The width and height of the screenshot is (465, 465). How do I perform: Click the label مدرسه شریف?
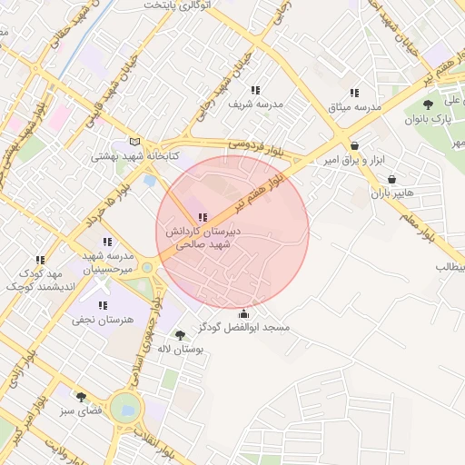coord(256,104)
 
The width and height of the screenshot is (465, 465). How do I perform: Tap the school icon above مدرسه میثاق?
coord(354,93)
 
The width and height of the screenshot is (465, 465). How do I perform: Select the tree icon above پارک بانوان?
coord(429,104)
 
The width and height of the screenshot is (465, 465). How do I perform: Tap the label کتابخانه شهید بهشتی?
coord(135,156)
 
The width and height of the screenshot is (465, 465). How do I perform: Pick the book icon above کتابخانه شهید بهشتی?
coord(135,142)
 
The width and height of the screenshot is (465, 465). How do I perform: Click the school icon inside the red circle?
coord(202,217)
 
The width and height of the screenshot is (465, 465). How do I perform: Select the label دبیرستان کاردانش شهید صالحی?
coord(202,238)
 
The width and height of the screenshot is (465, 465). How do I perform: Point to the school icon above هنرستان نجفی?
coord(103,305)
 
